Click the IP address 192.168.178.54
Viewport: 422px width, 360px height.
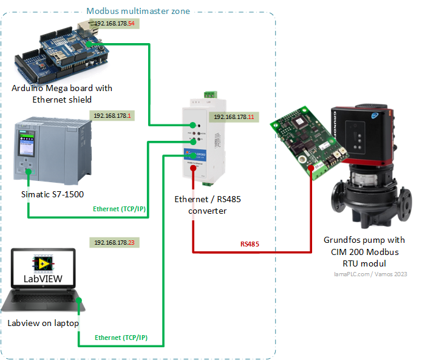coord(115,24)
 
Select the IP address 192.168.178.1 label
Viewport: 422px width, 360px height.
coord(112,115)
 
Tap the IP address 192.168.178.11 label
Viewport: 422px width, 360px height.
coord(234,117)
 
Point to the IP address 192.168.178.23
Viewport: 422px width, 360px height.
coord(114,242)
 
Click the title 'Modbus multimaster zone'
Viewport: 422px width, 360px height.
coord(138,11)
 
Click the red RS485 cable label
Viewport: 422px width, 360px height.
coord(250,244)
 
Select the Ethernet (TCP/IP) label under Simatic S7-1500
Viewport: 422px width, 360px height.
coord(119,209)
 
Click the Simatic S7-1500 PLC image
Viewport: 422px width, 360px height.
coord(52,148)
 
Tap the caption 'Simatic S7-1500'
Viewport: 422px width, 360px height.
coord(52,194)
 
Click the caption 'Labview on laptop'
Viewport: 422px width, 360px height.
coord(43,323)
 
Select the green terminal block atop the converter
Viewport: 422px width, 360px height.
coord(210,93)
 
